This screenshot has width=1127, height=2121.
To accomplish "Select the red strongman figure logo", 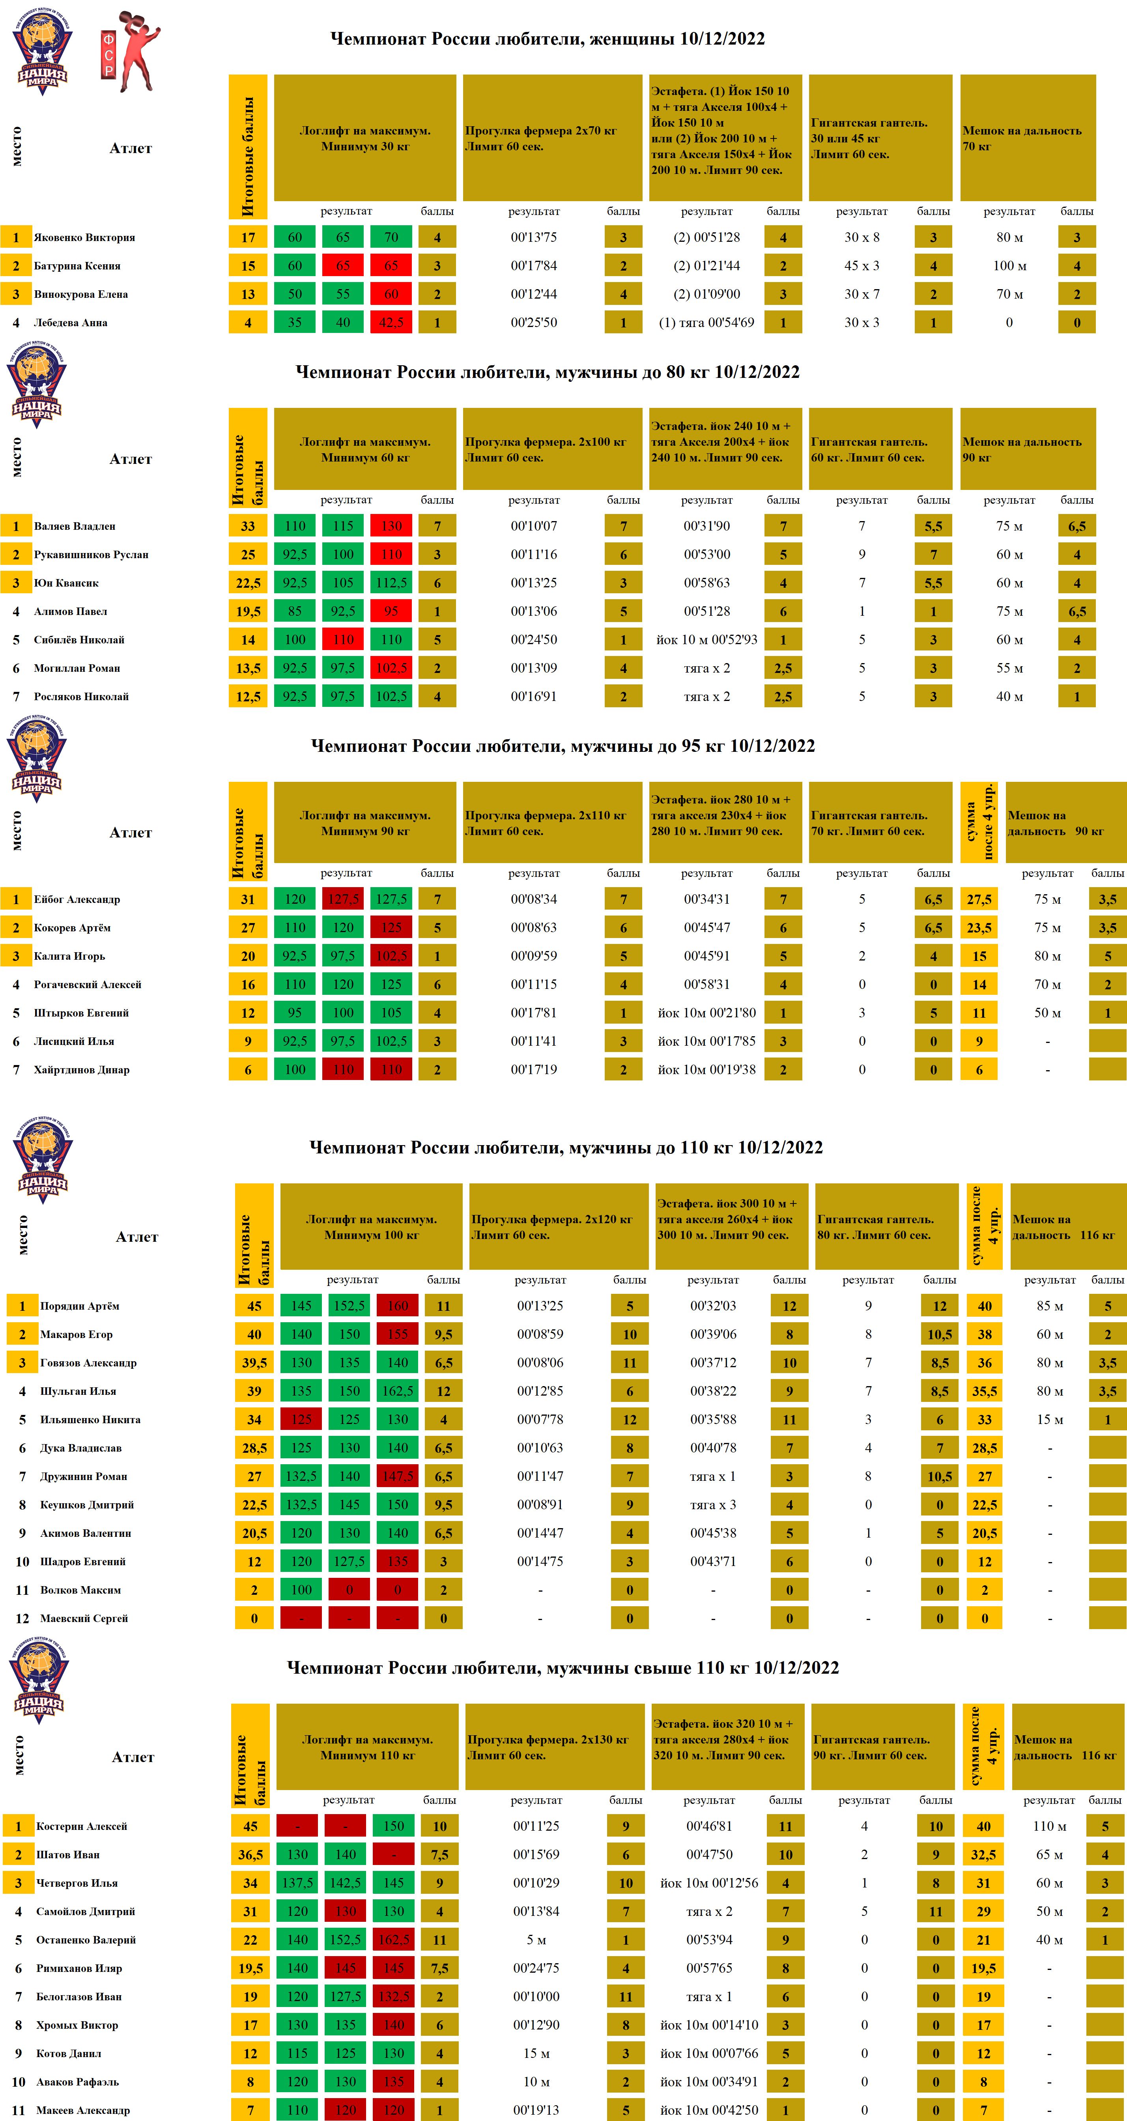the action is [x=130, y=51].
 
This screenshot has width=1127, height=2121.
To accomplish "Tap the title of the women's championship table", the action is [x=548, y=39].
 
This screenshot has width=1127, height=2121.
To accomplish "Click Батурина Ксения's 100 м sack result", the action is [x=1009, y=266].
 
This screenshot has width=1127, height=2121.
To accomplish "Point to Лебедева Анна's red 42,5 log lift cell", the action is [x=391, y=323].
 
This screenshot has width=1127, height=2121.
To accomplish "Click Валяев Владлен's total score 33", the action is [x=248, y=526].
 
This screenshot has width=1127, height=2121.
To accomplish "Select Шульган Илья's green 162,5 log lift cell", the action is [x=398, y=1392].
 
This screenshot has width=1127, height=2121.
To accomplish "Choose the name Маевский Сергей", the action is [x=84, y=1619].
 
